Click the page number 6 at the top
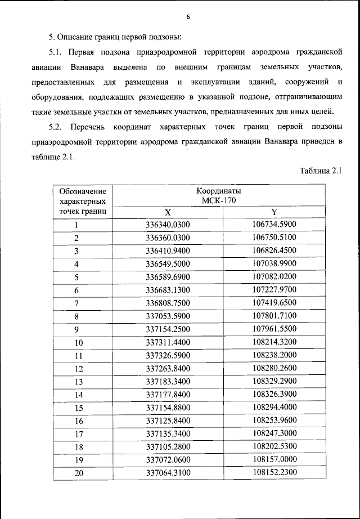(188, 17)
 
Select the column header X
(168, 212)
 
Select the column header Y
(274, 212)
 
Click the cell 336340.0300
(168, 225)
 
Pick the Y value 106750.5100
(274, 238)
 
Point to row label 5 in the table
(76, 277)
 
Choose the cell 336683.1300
(168, 290)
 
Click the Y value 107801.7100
(274, 316)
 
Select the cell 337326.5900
(168, 355)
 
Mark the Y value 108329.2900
(274, 381)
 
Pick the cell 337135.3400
(168, 433)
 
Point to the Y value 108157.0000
(274, 459)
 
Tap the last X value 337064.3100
(168, 473)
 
